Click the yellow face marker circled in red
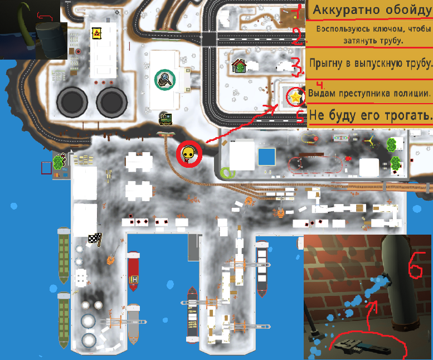(189, 153)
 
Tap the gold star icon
(295, 97)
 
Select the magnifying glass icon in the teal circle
(165, 80)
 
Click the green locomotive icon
(166, 120)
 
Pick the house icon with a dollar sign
(239, 66)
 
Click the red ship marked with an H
(133, 271)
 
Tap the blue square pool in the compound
(267, 157)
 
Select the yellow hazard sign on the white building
(96, 33)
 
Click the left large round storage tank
(72, 102)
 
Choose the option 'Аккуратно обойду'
(371, 10)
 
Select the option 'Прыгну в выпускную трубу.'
(371, 64)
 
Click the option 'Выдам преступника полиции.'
(369, 93)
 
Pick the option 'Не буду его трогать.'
(371, 115)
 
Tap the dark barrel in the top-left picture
(51, 40)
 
